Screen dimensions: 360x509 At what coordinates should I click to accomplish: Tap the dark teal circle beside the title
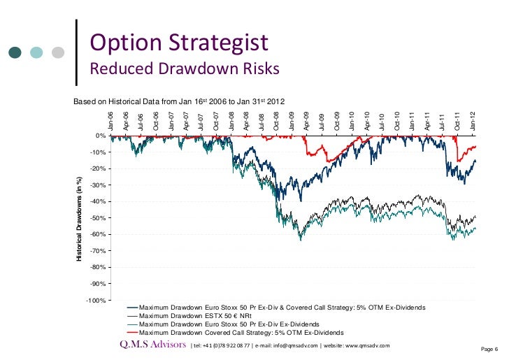click(16, 52)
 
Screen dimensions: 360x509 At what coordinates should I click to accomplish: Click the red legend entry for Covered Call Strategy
click(242, 333)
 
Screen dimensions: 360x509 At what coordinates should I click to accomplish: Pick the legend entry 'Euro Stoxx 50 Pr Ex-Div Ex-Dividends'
click(229, 324)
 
